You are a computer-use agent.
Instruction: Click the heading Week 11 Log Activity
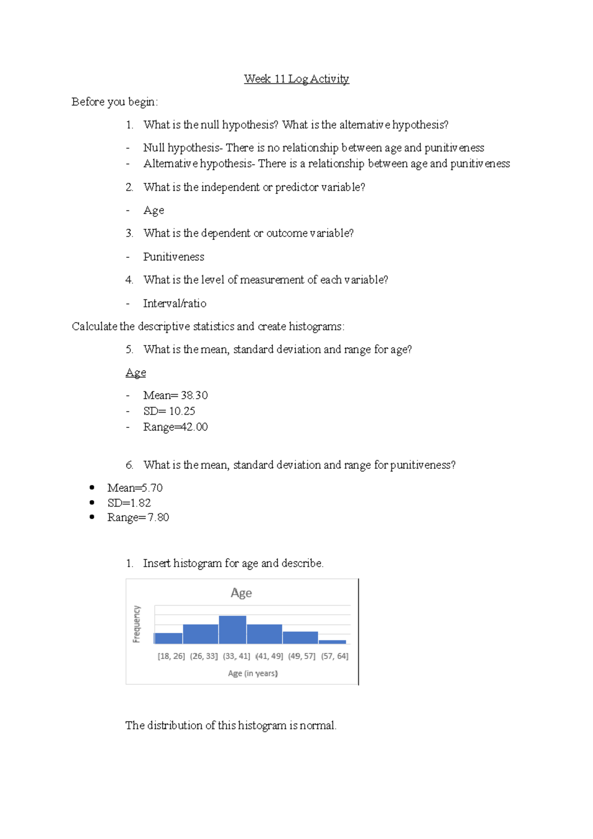click(x=296, y=79)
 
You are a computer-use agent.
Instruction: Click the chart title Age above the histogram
click(x=241, y=592)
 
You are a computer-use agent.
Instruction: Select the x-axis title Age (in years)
click(x=253, y=673)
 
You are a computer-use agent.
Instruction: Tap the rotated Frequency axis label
click(x=136, y=624)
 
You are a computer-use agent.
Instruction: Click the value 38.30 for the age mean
click(x=194, y=395)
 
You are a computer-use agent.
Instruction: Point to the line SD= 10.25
click(x=169, y=411)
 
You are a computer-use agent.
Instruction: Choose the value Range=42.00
click(x=175, y=427)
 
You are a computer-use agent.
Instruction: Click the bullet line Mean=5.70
click(x=135, y=488)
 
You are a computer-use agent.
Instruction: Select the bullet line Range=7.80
click(x=138, y=517)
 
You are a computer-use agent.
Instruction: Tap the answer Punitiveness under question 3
click(x=173, y=257)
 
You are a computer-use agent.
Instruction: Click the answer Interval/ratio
click(x=174, y=303)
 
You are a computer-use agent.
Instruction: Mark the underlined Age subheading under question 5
click(x=136, y=373)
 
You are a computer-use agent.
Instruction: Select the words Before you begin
click(x=114, y=102)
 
